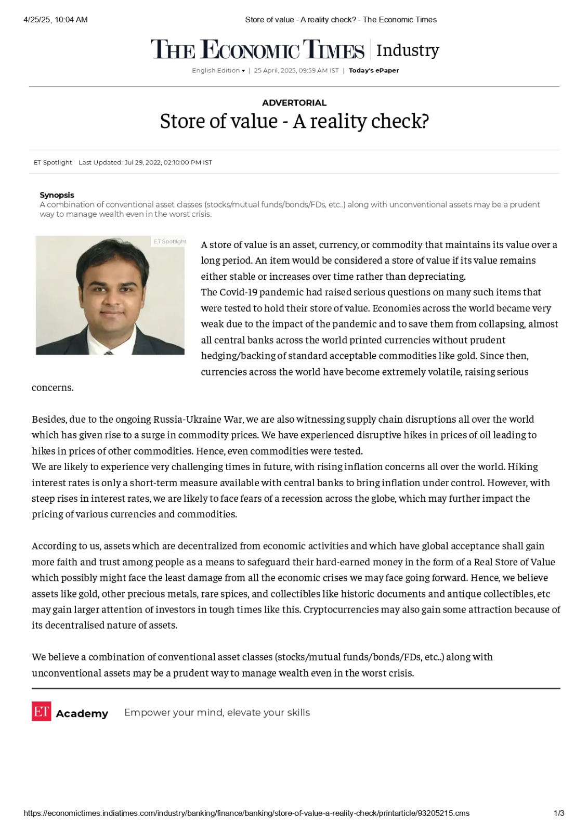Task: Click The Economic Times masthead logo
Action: pos(257,50)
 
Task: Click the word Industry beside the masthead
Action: pos(408,50)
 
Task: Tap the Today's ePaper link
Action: pos(374,71)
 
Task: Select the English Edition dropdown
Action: pos(218,71)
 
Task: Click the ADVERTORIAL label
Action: pos(294,103)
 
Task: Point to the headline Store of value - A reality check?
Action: pos(294,122)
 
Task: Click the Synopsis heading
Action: pos(57,195)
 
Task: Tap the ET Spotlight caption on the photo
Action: pos(170,241)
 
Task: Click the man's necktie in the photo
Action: pos(109,353)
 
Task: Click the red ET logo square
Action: pos(41,712)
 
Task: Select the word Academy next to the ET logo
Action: pos(82,713)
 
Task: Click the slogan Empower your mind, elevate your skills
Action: pos(217,712)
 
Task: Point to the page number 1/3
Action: pos(559,813)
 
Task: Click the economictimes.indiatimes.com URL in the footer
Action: pos(246,813)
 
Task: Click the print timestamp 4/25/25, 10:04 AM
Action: pos(56,20)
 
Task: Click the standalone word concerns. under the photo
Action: pos(53,387)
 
